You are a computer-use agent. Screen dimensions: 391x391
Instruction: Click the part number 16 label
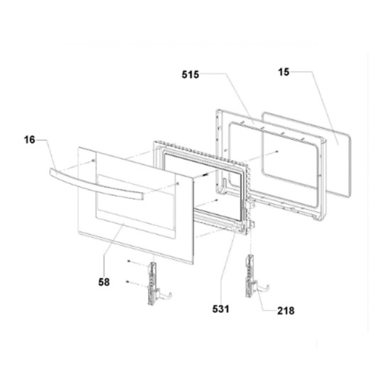point(29,139)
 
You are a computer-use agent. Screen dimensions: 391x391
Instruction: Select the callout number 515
point(191,75)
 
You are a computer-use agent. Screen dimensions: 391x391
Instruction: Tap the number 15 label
point(284,72)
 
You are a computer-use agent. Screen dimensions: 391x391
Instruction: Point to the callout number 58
point(104,282)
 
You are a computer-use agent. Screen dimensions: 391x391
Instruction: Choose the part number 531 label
point(220,309)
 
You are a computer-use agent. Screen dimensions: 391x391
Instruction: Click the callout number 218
point(286,311)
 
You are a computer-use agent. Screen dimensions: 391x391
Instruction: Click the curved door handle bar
point(96,184)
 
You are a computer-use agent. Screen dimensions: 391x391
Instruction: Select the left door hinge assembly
point(156,283)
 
